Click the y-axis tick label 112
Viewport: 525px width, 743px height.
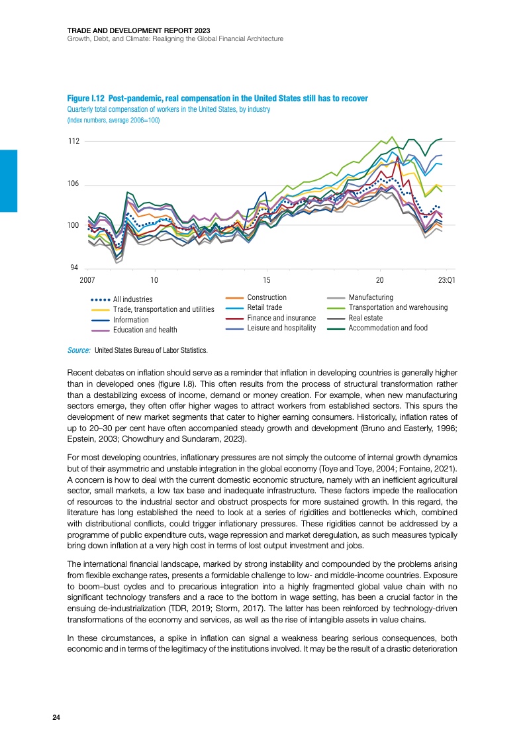click(73, 141)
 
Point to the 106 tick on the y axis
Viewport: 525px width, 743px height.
click(73, 183)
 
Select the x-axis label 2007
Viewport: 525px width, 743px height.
click(87, 280)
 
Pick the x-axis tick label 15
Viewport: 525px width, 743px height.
click(267, 280)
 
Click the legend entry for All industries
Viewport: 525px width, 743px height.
click(132, 299)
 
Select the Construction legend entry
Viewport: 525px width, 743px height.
click(266, 297)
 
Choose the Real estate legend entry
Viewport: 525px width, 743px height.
click(365, 317)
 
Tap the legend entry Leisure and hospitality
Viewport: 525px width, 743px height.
click(281, 328)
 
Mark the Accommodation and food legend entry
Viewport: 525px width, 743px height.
click(388, 328)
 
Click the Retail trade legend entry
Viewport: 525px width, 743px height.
click(264, 307)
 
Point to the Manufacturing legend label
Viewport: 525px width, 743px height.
click(370, 297)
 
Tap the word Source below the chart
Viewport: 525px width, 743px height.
click(79, 350)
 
